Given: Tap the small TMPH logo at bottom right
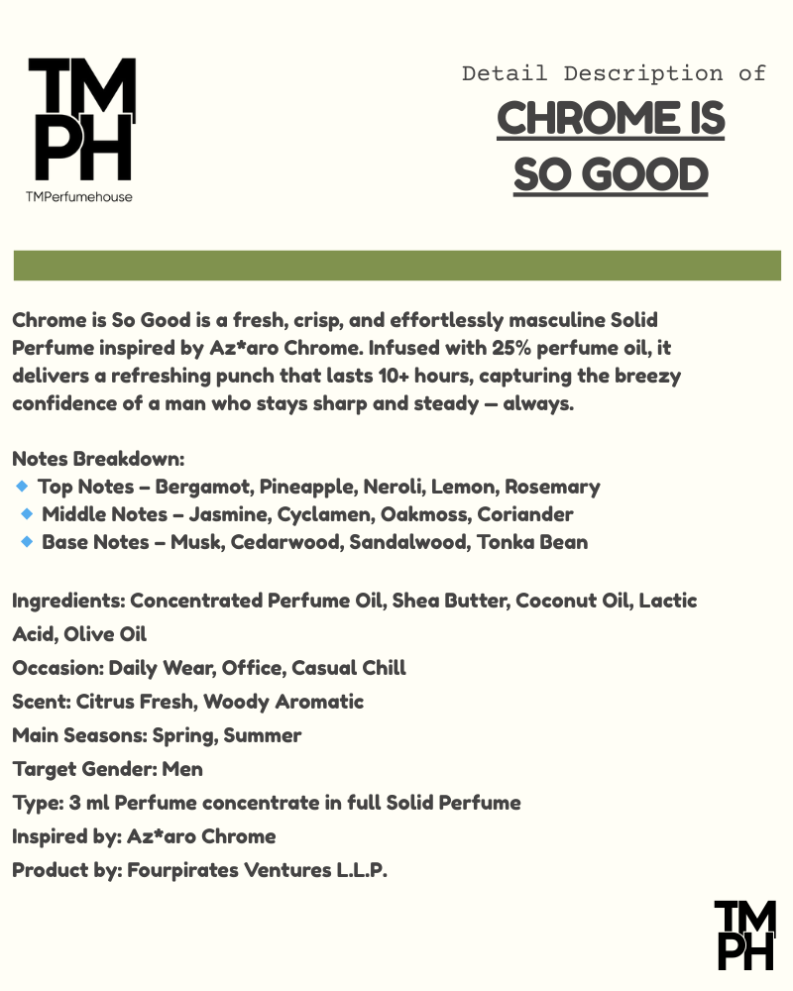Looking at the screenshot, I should click(x=744, y=934).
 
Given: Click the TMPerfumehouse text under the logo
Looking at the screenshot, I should click(x=79, y=196).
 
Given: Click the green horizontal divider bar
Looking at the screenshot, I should click(x=396, y=266).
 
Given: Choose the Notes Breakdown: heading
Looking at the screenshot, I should click(x=98, y=460).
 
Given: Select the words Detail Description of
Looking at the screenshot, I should click(x=614, y=73).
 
